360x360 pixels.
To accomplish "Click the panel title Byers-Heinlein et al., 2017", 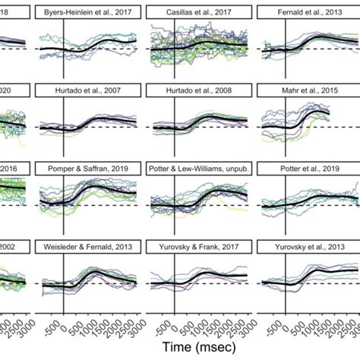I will click(87, 13).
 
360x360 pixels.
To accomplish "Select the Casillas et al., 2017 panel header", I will click(198, 13).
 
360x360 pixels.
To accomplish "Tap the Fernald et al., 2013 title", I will click(308, 13).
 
